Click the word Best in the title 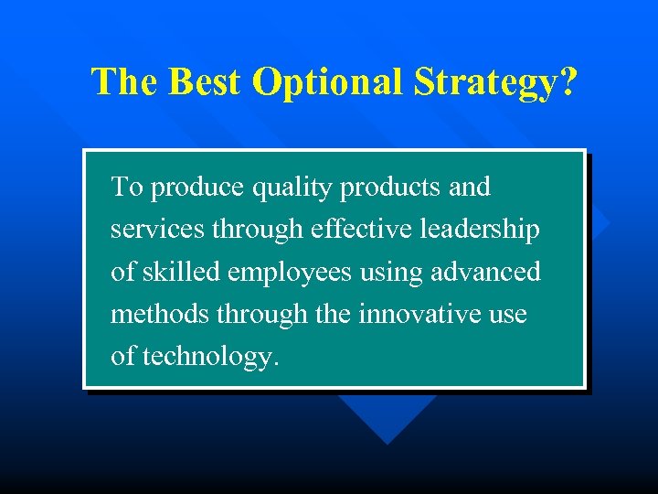pos(194,81)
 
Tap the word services pos(158,230)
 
